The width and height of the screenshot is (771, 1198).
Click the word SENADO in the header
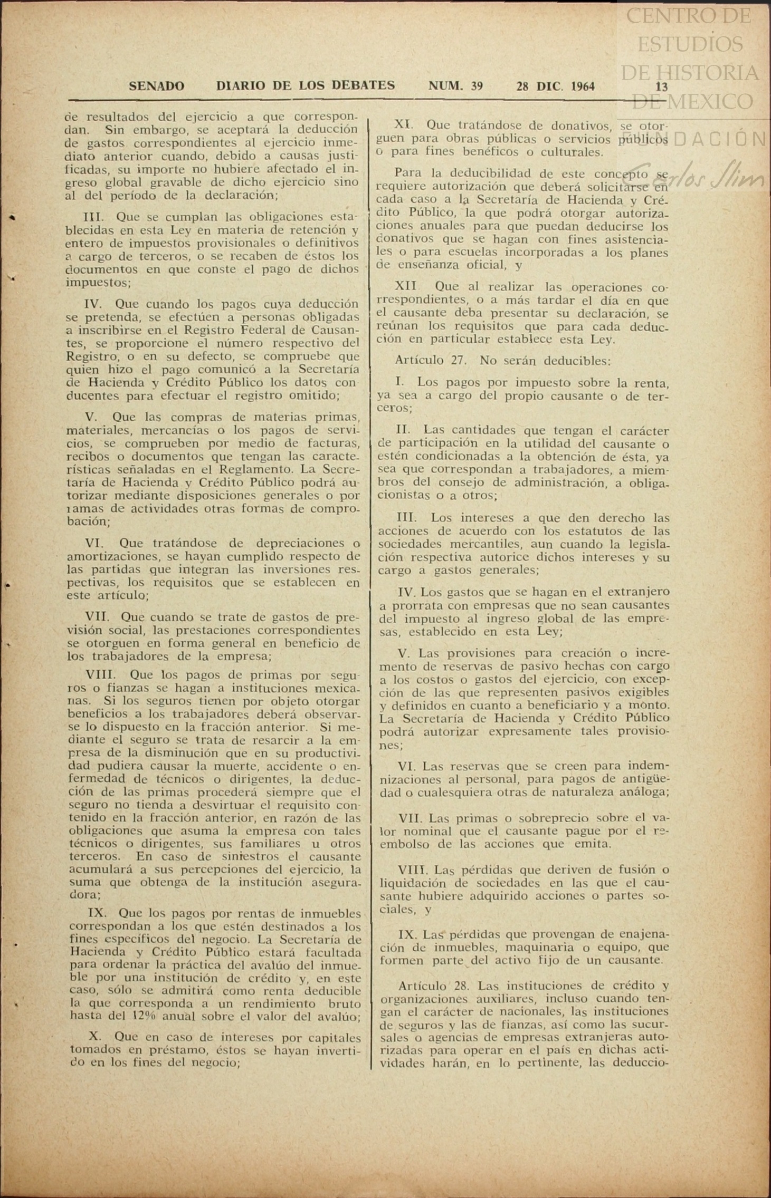[157, 86]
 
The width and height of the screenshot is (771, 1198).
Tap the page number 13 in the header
[661, 87]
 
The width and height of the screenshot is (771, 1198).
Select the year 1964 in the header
[578, 86]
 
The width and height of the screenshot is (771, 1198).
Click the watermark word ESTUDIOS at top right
[690, 44]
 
